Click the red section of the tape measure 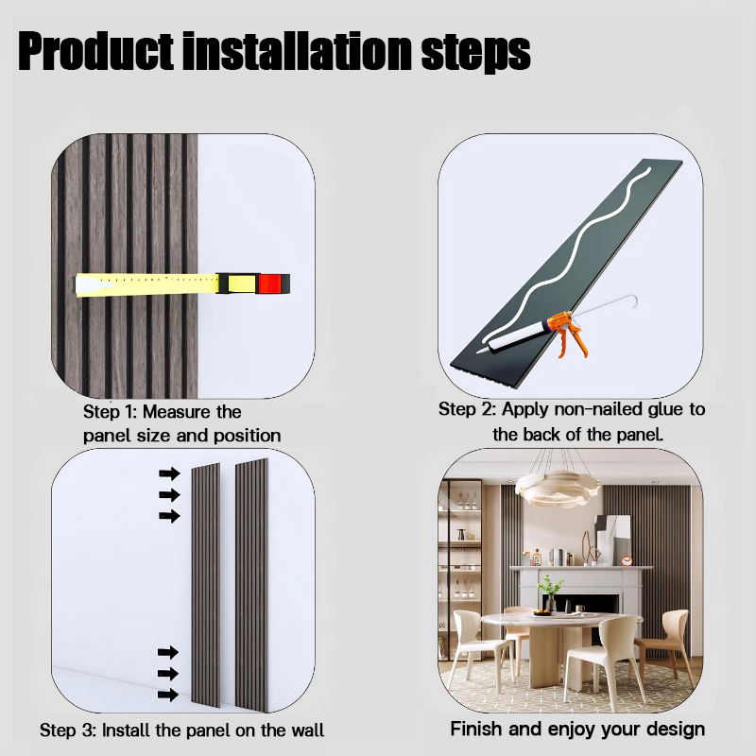[271, 283]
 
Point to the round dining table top [558, 621]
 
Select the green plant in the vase [549, 589]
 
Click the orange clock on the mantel [627, 560]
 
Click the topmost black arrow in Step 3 [169, 473]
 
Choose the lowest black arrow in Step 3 [169, 695]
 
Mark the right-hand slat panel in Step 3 [252, 586]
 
